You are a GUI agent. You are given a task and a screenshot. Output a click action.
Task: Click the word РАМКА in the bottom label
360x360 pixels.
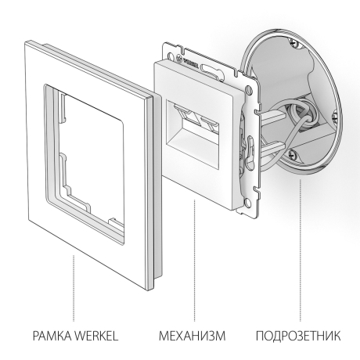point(45,337)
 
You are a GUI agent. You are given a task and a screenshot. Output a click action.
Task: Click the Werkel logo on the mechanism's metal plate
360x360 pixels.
point(189,56)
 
